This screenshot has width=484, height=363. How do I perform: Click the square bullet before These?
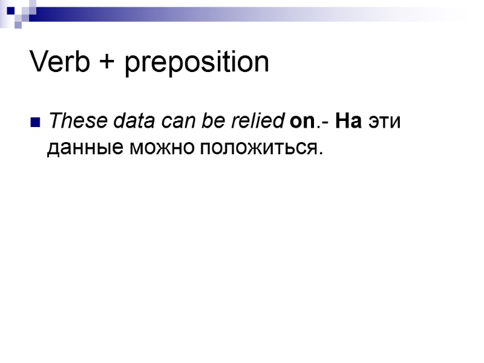tap(34, 123)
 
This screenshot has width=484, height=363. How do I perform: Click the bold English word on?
tap(301, 122)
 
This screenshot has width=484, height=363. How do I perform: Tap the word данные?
tap(85, 148)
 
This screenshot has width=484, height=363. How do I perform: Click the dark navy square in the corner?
tap(10, 10)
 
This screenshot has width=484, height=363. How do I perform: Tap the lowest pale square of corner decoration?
tap(18, 26)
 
